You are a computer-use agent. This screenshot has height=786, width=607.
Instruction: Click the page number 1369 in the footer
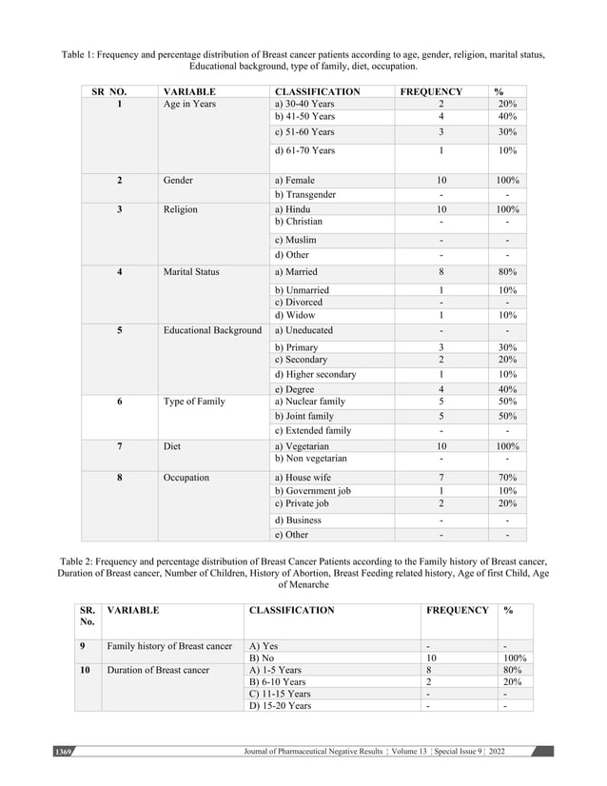point(63,752)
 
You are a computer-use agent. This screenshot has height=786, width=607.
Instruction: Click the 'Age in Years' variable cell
point(189,104)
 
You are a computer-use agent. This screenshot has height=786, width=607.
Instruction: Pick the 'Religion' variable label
point(181,208)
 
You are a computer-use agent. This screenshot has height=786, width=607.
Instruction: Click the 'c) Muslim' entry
point(295,240)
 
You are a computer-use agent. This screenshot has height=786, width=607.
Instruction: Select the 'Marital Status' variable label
point(191,271)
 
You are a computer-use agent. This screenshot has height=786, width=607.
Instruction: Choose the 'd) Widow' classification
point(295,315)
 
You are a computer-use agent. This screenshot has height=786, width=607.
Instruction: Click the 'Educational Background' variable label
point(212,330)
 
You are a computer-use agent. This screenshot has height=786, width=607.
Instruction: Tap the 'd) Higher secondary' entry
point(315,374)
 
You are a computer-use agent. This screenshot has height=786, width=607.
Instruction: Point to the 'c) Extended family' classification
point(312,430)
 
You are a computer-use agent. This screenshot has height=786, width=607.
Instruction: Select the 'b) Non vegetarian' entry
point(310,458)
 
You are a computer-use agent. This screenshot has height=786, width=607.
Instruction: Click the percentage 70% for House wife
point(507,477)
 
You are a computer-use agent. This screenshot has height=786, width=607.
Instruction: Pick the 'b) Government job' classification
point(312,490)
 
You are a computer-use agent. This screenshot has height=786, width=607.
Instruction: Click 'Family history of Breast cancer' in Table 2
point(169,646)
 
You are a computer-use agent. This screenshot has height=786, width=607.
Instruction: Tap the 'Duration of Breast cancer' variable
point(158,670)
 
